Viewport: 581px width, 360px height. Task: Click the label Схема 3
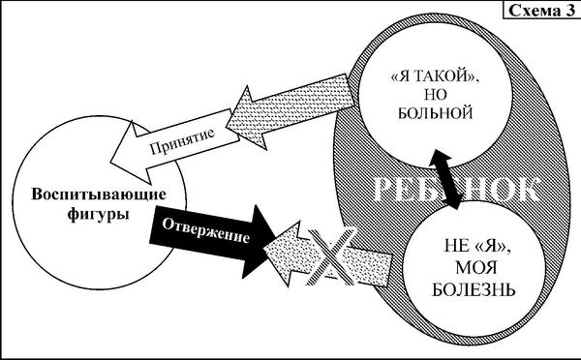pyautogui.click(x=540, y=10)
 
